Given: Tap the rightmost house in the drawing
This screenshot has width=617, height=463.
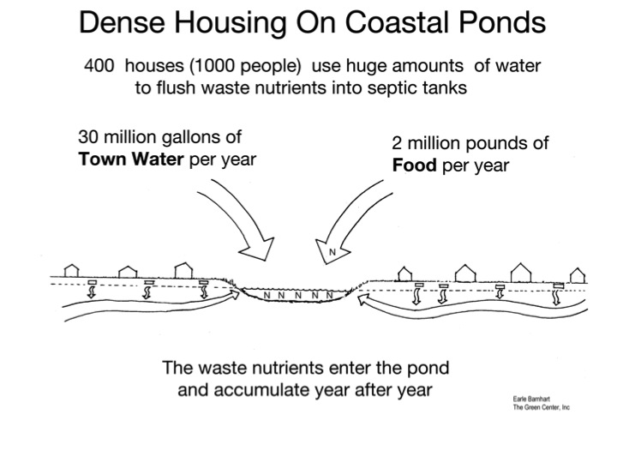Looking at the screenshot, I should coord(578,275).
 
